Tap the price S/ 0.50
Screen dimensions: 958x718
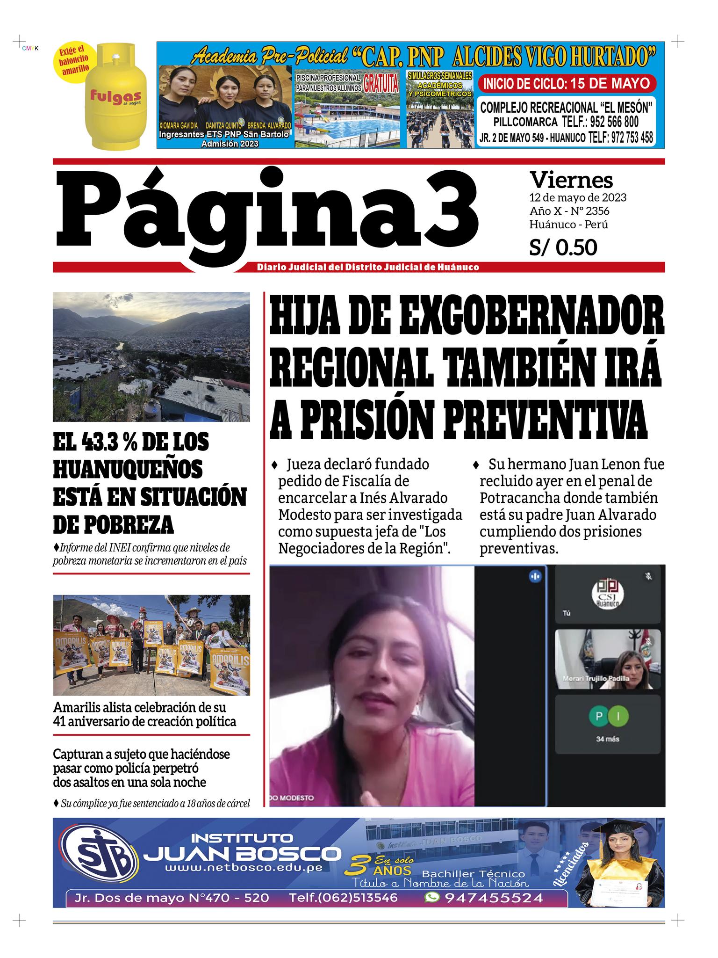(563, 247)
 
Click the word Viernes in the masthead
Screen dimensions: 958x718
(571, 179)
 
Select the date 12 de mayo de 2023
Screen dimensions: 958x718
(577, 197)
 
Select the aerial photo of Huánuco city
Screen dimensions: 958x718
(151, 356)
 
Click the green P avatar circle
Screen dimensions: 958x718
(598, 716)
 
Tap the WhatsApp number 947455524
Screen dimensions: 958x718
(494, 898)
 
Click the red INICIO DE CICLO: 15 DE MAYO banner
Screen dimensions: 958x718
(567, 84)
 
